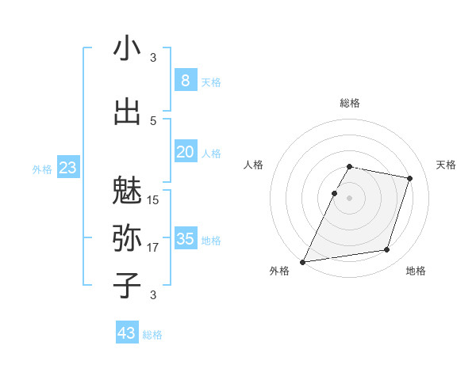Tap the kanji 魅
pyautogui.click(x=128, y=190)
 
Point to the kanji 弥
pyautogui.click(x=128, y=237)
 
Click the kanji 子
pyautogui.click(x=128, y=285)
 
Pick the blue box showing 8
pyautogui.click(x=185, y=80)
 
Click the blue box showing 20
pyautogui.click(x=185, y=151)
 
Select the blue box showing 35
pyautogui.click(x=185, y=238)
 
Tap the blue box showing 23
pyautogui.click(x=67, y=167)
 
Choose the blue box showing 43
pyautogui.click(x=127, y=333)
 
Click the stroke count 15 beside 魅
pyautogui.click(x=153, y=200)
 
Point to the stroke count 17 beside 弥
pyautogui.click(x=153, y=248)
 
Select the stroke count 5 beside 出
pyautogui.click(x=153, y=120)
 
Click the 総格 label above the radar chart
pyautogui.click(x=350, y=103)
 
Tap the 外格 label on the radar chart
pyautogui.click(x=279, y=271)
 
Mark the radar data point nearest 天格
pyautogui.click(x=410, y=178)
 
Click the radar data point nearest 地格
pyautogui.click(x=387, y=250)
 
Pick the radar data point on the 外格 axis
pyautogui.click(x=303, y=262)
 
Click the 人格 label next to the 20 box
pyautogui.click(x=211, y=153)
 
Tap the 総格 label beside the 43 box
pyautogui.click(x=152, y=335)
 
